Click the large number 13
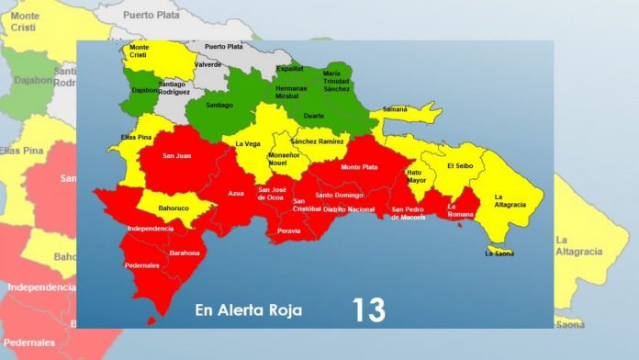[368, 309]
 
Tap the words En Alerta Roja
[248, 309]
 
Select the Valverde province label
[209, 64]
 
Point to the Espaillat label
[290, 68]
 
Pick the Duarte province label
[315, 118]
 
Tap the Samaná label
[395, 109]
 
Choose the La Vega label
[248, 143]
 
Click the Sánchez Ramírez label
[317, 141]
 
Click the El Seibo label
[458, 166]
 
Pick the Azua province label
[236, 194]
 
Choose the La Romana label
[457, 210]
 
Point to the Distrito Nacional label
[349, 209]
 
